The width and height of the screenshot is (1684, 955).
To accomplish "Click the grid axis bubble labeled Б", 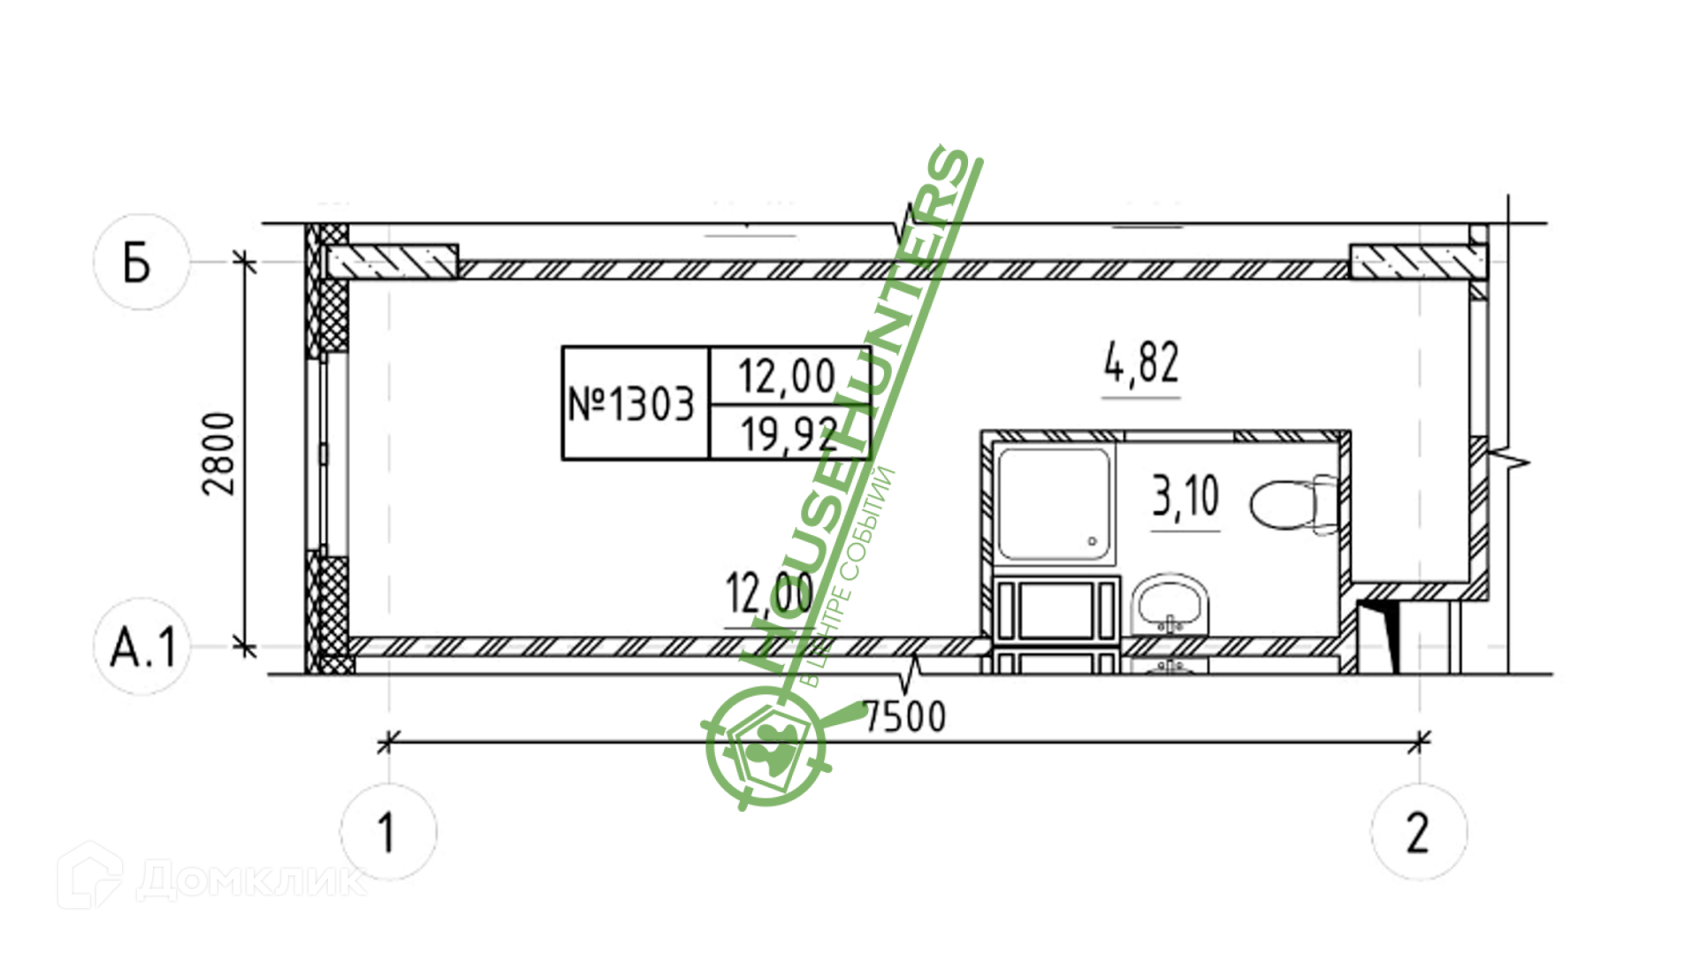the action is coord(141,262).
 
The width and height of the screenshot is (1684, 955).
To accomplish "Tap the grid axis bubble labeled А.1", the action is coord(141,646).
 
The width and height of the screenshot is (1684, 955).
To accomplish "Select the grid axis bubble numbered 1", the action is coord(388,831).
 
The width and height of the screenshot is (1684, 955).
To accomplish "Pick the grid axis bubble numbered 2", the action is coord(1418,831).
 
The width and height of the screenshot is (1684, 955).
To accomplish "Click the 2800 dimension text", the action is coord(219,454).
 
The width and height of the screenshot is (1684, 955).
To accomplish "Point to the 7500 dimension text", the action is coord(904,716).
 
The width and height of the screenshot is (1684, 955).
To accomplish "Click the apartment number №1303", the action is coord(631,404).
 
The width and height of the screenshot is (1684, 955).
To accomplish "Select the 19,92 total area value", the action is coord(789,434).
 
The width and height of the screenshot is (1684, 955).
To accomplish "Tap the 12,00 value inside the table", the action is coord(787,376).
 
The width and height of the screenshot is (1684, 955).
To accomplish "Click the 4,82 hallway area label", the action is coord(1141,363).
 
